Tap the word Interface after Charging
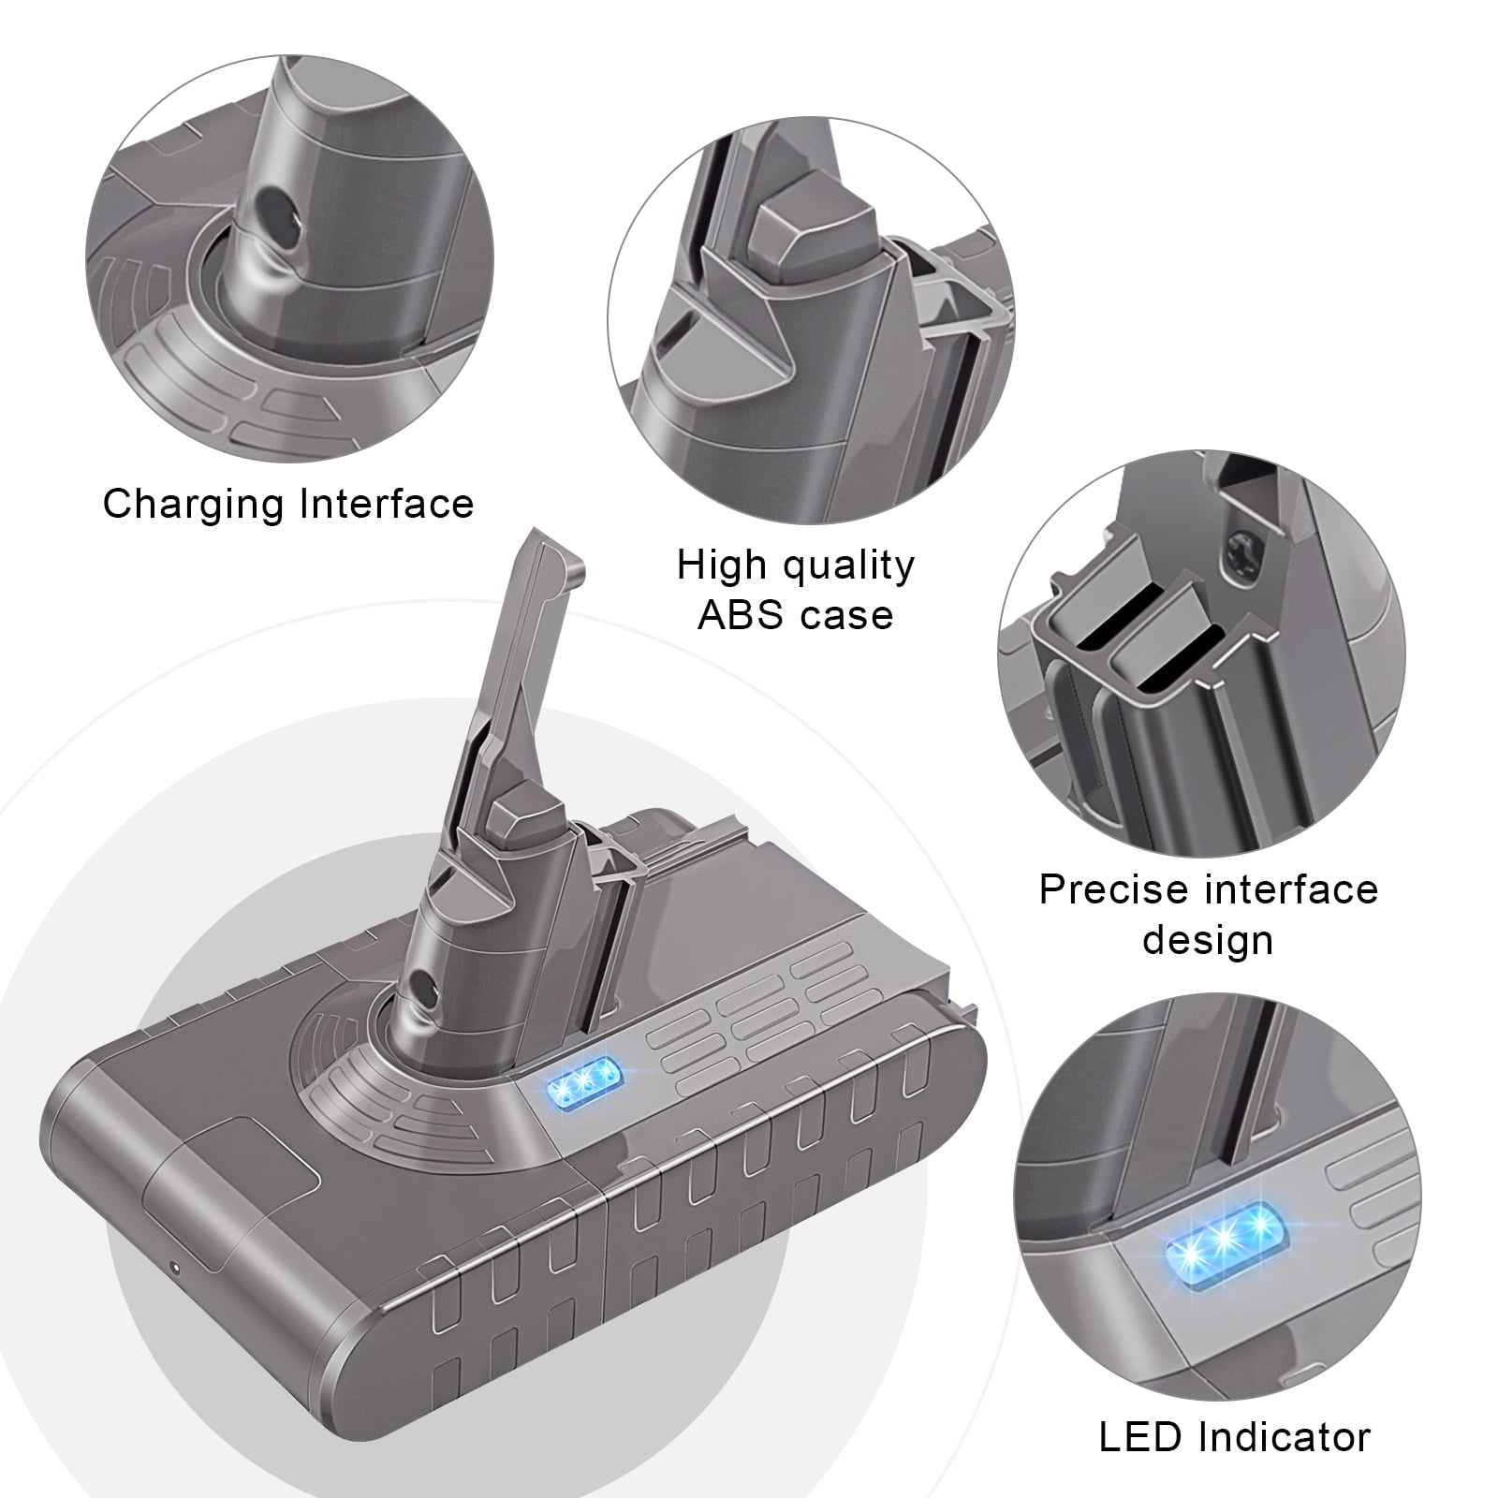pyautogui.click(x=388, y=503)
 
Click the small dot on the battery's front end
pyautogui.click(x=175, y=1270)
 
